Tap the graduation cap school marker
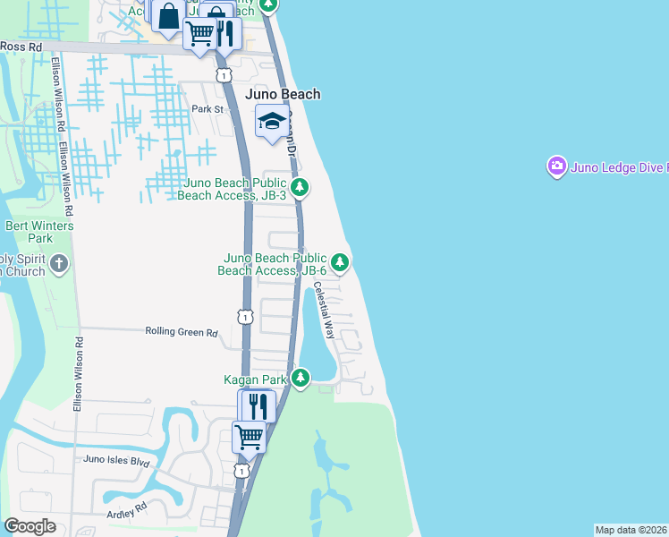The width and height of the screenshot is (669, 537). [x=271, y=122]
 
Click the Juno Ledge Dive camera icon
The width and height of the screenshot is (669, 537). [x=557, y=166]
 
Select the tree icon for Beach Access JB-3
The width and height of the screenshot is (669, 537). [x=302, y=187]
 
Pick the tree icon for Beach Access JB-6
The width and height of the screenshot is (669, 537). [x=340, y=262]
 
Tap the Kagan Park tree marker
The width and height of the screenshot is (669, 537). [x=301, y=379]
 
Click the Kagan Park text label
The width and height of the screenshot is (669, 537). [x=255, y=379]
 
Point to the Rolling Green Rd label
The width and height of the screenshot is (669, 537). [x=182, y=332]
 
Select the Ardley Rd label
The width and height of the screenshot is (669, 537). [x=127, y=512]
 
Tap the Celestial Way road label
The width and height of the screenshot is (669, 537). [x=323, y=310]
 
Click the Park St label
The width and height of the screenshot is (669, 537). [x=207, y=109]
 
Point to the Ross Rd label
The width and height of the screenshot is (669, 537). [x=21, y=46]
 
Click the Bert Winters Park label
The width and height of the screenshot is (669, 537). [x=39, y=232]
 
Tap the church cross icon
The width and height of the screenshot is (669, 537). [x=59, y=263]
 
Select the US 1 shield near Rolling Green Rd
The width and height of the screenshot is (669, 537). [x=245, y=316]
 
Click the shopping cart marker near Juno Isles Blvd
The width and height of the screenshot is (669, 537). [x=249, y=437]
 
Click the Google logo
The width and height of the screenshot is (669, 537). [x=30, y=526]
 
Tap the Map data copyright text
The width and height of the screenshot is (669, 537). [x=631, y=530]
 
